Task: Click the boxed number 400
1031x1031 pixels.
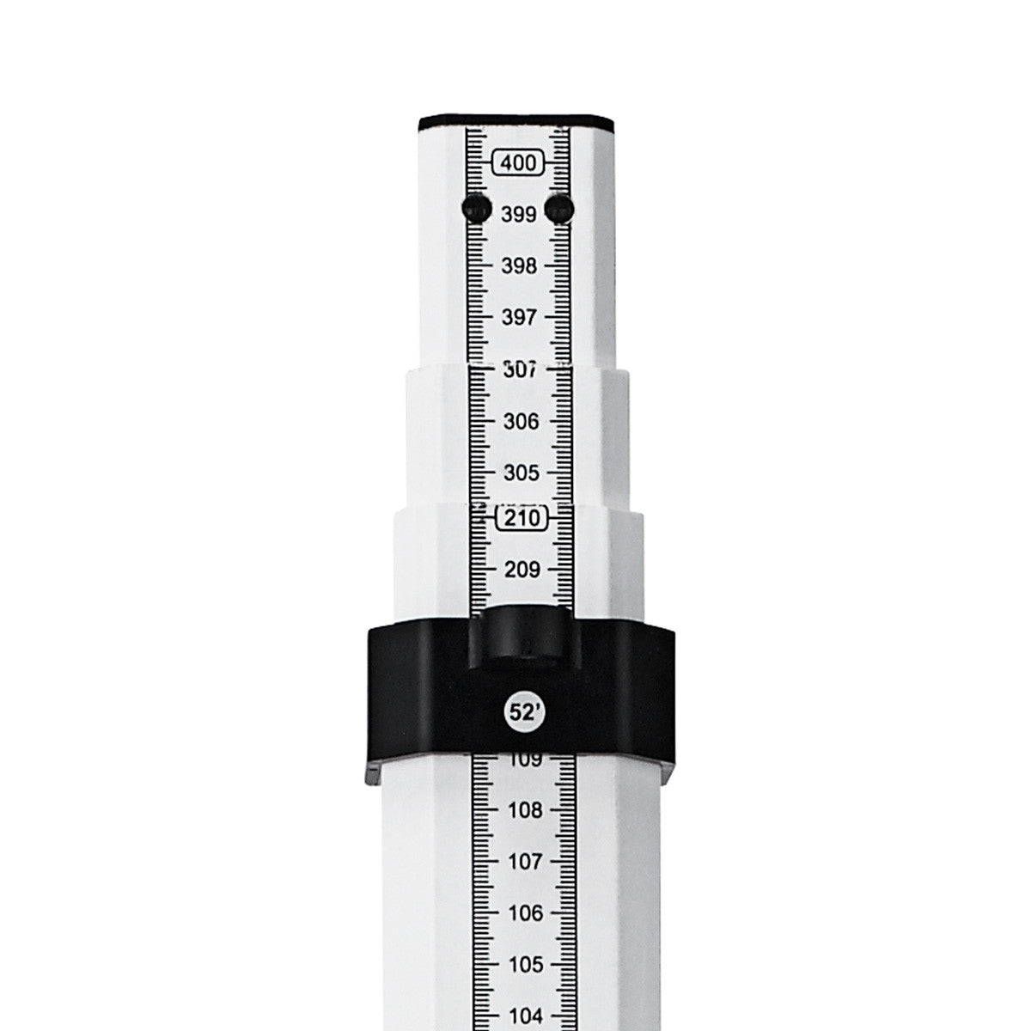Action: point(518,162)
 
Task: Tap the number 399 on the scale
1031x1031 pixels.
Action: point(518,215)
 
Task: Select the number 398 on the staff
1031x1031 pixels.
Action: point(518,266)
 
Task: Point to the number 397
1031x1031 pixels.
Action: point(518,318)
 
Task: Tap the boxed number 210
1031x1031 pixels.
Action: point(522,519)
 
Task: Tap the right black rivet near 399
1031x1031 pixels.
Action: point(559,207)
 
